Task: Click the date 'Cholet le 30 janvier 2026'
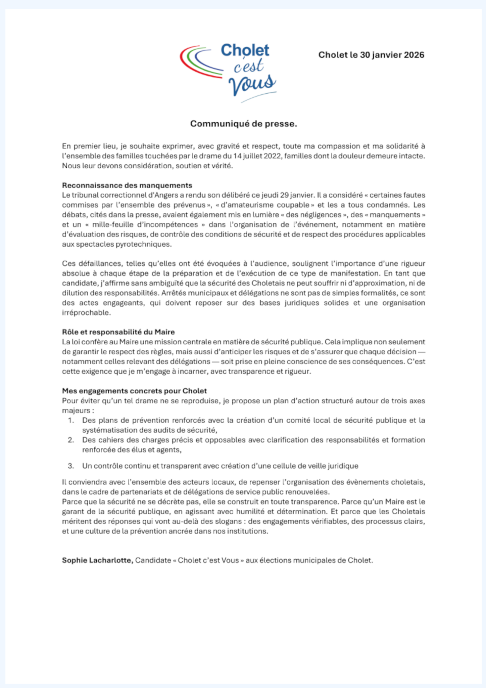tap(371, 55)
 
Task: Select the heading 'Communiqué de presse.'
tap(243, 124)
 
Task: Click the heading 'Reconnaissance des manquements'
tap(127, 185)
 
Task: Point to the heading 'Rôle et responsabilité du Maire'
tap(118, 332)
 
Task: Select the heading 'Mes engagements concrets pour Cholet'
tap(134, 391)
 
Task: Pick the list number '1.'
tap(70, 421)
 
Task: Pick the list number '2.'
tap(70, 440)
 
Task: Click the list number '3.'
tap(70, 466)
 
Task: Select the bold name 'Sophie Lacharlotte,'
tap(97, 560)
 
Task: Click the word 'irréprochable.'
tap(86, 313)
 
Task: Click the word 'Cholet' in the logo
tap(245, 50)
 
